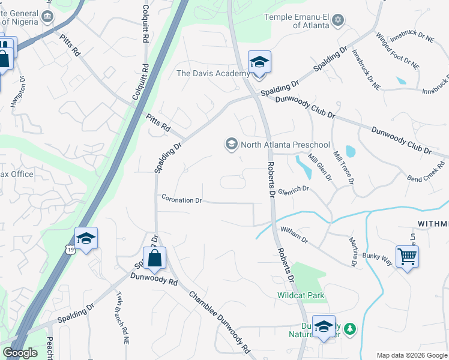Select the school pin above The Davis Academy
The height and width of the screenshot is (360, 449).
coord(259,62)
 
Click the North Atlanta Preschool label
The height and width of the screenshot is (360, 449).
coord(285,145)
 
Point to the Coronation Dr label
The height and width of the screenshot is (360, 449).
coord(181,199)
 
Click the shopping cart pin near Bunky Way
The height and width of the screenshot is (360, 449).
coord(407,256)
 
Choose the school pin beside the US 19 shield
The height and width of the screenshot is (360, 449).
coord(86,239)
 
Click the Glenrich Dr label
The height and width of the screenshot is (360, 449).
coord(293,188)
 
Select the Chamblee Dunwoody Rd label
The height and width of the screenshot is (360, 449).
coord(219,322)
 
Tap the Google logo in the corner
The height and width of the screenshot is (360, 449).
coord(20,353)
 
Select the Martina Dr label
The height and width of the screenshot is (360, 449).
coord(354,251)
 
